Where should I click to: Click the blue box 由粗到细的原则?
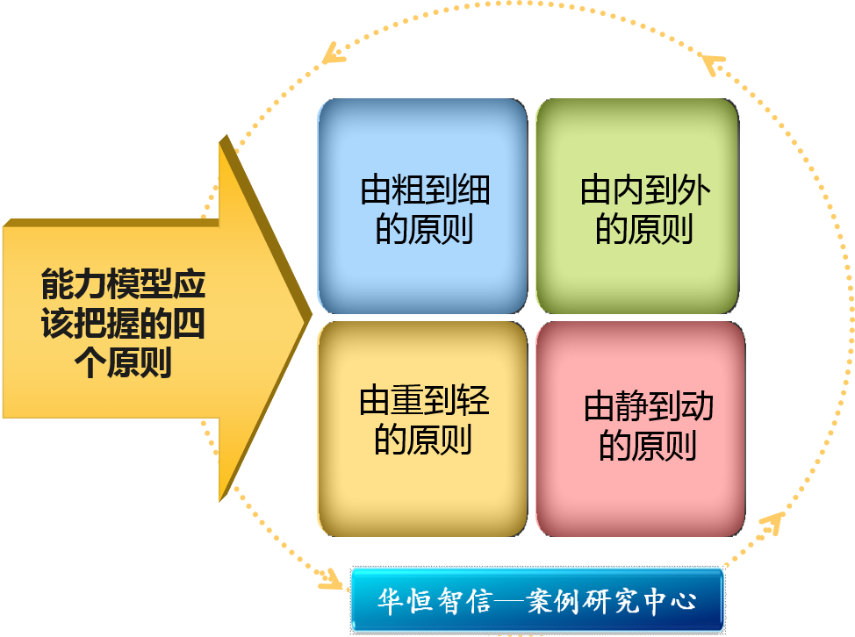tap(422, 206)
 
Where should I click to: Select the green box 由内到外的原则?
tap(637, 206)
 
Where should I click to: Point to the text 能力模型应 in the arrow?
tap(123, 286)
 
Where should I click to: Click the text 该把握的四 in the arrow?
tap(123, 325)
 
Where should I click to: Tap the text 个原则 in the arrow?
tap(124, 363)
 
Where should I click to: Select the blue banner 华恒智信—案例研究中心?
tap(537, 601)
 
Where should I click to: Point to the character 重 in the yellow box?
tap(407, 402)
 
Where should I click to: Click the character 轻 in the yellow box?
tap(473, 402)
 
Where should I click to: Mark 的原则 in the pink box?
tap(648, 446)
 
